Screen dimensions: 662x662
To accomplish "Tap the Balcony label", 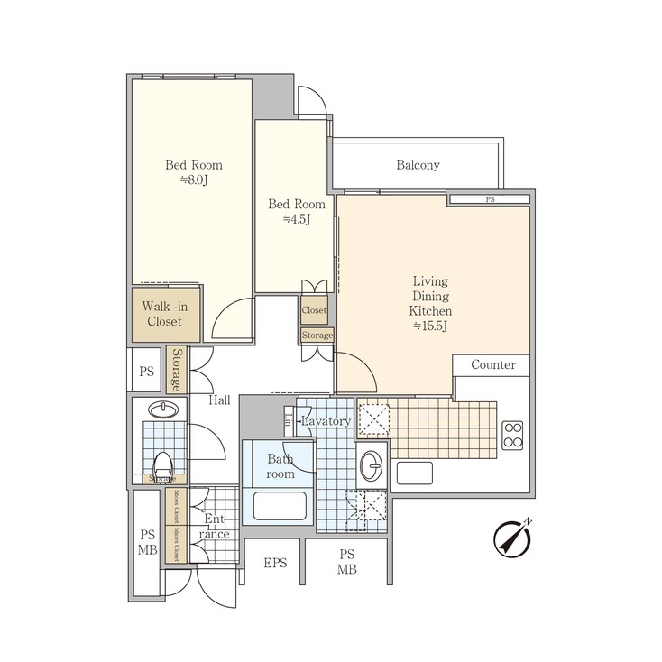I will (418, 165).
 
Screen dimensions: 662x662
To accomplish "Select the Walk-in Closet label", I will (162, 314).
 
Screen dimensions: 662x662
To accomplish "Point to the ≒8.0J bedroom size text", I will (193, 180).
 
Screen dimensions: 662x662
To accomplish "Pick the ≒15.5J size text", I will (431, 326).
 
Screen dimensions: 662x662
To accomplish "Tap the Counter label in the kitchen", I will (493, 364).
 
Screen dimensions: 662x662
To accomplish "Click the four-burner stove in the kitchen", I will (512, 435).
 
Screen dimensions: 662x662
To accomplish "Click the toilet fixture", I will (163, 465).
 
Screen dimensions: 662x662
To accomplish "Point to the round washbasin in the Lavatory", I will (371, 465).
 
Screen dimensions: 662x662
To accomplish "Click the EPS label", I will (275, 564).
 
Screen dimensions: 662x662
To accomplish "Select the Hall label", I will (219, 400).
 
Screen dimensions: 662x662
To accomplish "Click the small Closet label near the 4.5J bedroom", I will (314, 310).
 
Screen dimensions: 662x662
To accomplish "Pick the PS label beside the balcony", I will (490, 199).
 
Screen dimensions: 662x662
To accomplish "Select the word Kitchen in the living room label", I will (431, 310).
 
